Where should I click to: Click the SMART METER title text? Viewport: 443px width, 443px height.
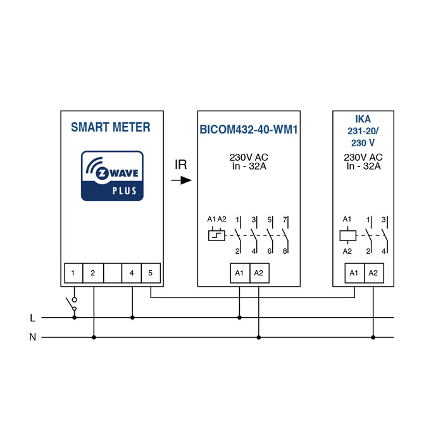[x=111, y=127]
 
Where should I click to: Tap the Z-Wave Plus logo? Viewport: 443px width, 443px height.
[x=112, y=175]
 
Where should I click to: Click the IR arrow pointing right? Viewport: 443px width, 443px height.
[x=181, y=180]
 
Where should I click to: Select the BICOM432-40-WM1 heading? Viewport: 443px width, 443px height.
[x=249, y=130]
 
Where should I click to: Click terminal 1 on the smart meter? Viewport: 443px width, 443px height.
[x=74, y=273]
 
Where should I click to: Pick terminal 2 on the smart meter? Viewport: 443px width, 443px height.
[x=93, y=273]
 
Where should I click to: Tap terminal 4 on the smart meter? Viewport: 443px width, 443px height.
[x=132, y=273]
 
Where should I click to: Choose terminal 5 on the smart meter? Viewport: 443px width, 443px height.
[x=151, y=273]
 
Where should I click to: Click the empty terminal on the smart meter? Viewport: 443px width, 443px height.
[x=112, y=273]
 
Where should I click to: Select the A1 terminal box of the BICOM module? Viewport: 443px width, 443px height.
[x=239, y=273]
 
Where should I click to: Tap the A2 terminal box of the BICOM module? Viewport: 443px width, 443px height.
[x=258, y=273]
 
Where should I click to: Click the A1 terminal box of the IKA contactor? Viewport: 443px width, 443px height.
[x=354, y=273]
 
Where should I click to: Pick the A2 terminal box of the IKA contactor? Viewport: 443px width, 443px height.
[x=373, y=273]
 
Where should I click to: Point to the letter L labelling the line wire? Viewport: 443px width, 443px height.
[x=33, y=318]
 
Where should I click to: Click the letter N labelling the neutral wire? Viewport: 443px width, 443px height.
[x=33, y=337]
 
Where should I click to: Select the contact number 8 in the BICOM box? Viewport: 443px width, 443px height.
[x=285, y=251]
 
